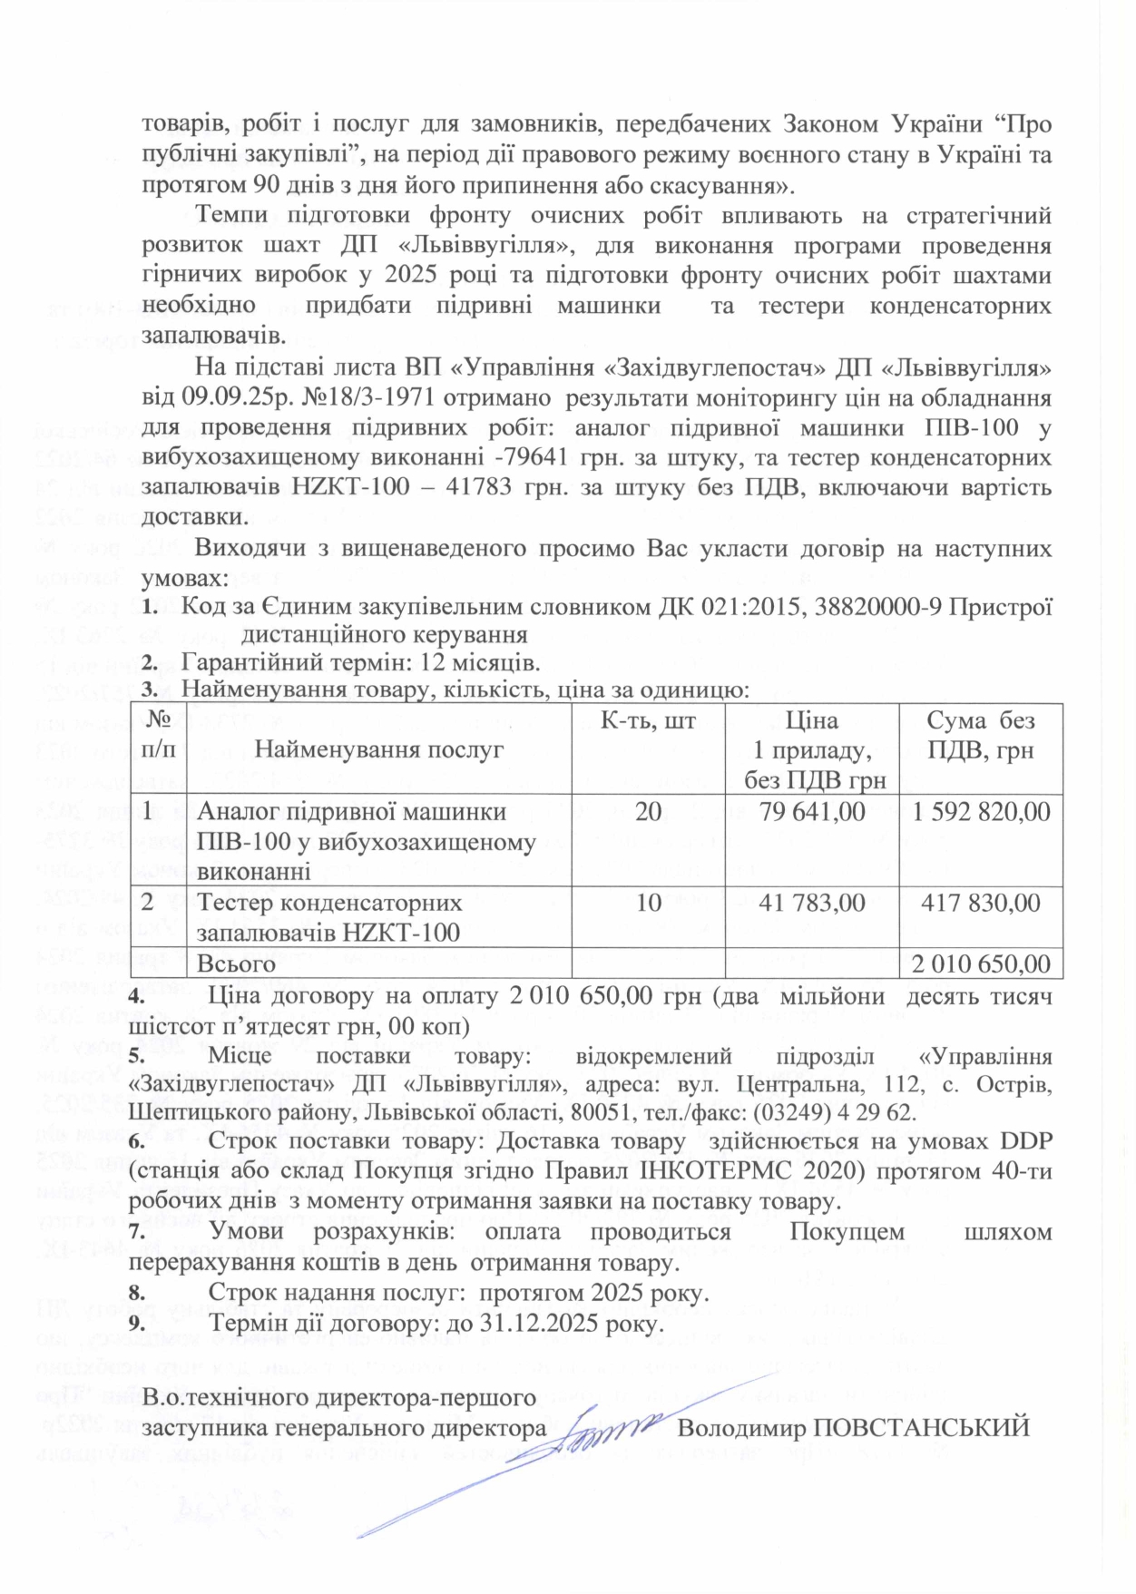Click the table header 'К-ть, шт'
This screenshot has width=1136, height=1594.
pyautogui.click(x=648, y=719)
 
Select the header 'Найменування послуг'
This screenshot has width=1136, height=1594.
pyautogui.click(x=378, y=749)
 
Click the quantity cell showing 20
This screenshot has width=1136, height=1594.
pyautogui.click(x=648, y=811)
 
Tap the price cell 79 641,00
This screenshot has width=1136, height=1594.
pyautogui.click(x=813, y=811)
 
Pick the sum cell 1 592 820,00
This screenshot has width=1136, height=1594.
pyautogui.click(x=981, y=811)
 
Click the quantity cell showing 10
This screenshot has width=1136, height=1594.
pyautogui.click(x=648, y=903)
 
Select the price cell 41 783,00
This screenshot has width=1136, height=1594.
pyautogui.click(x=813, y=903)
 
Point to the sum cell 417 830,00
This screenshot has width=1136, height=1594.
pyautogui.click(x=981, y=903)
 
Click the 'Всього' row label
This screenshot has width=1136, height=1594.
pyautogui.click(x=237, y=963)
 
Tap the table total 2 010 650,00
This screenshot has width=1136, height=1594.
pyautogui.click(x=981, y=963)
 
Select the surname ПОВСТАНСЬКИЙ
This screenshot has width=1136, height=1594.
pyautogui.click(x=920, y=1427)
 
